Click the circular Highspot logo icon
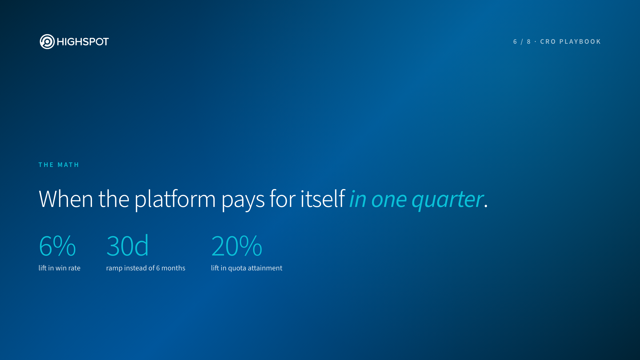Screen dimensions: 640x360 coord(47,42)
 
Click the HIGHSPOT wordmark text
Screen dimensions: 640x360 coord(83,42)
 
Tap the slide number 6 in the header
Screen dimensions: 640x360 coord(515,42)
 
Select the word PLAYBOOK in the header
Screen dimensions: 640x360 coord(580,42)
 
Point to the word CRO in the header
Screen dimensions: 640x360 coord(548,42)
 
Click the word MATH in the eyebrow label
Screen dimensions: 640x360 coord(68,165)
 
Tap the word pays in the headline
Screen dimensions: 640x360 coord(243,201)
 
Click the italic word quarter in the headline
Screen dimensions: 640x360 coord(448,200)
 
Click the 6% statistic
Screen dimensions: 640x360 coord(57,246)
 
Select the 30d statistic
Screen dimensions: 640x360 coord(127,245)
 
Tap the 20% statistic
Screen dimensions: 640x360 coord(237,246)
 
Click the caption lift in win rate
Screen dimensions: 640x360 coord(59,268)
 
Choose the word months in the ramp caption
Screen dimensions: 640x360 coord(173,268)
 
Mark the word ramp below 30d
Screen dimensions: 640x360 coord(114,269)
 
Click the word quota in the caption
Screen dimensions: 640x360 coord(237,269)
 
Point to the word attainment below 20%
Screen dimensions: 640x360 coord(265,268)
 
